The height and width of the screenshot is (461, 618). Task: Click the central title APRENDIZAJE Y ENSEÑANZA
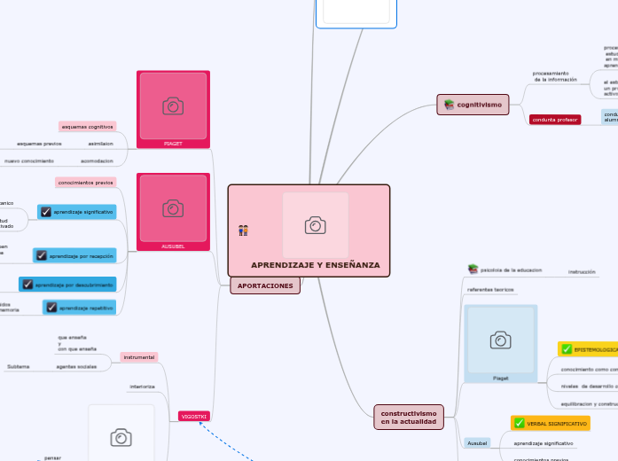tap(315, 265)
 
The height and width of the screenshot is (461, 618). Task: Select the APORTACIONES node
tap(265, 286)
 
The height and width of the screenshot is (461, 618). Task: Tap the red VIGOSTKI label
tap(194, 416)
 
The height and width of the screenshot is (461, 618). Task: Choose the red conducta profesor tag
tap(555, 120)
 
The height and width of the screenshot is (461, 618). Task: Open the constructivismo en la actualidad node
tap(409, 418)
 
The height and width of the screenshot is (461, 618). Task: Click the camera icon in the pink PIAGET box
tap(173, 106)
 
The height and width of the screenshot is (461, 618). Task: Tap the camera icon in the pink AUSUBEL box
tap(173, 208)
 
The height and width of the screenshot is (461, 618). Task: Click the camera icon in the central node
tap(315, 225)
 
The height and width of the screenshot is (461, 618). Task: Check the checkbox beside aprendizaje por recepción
tap(41, 255)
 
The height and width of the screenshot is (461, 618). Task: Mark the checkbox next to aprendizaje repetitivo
tap(51, 308)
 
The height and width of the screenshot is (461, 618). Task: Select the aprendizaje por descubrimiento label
tap(74, 285)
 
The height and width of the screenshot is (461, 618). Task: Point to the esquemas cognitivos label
tap(88, 127)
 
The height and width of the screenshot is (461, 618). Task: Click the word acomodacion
tap(97, 161)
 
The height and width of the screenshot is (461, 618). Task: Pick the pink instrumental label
tap(139, 357)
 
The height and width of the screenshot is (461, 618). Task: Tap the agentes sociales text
tap(76, 366)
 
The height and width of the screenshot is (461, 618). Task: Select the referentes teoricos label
tap(490, 290)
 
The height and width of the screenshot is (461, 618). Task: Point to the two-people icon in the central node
tap(243, 230)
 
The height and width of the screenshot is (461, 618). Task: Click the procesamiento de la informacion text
tap(555, 76)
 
